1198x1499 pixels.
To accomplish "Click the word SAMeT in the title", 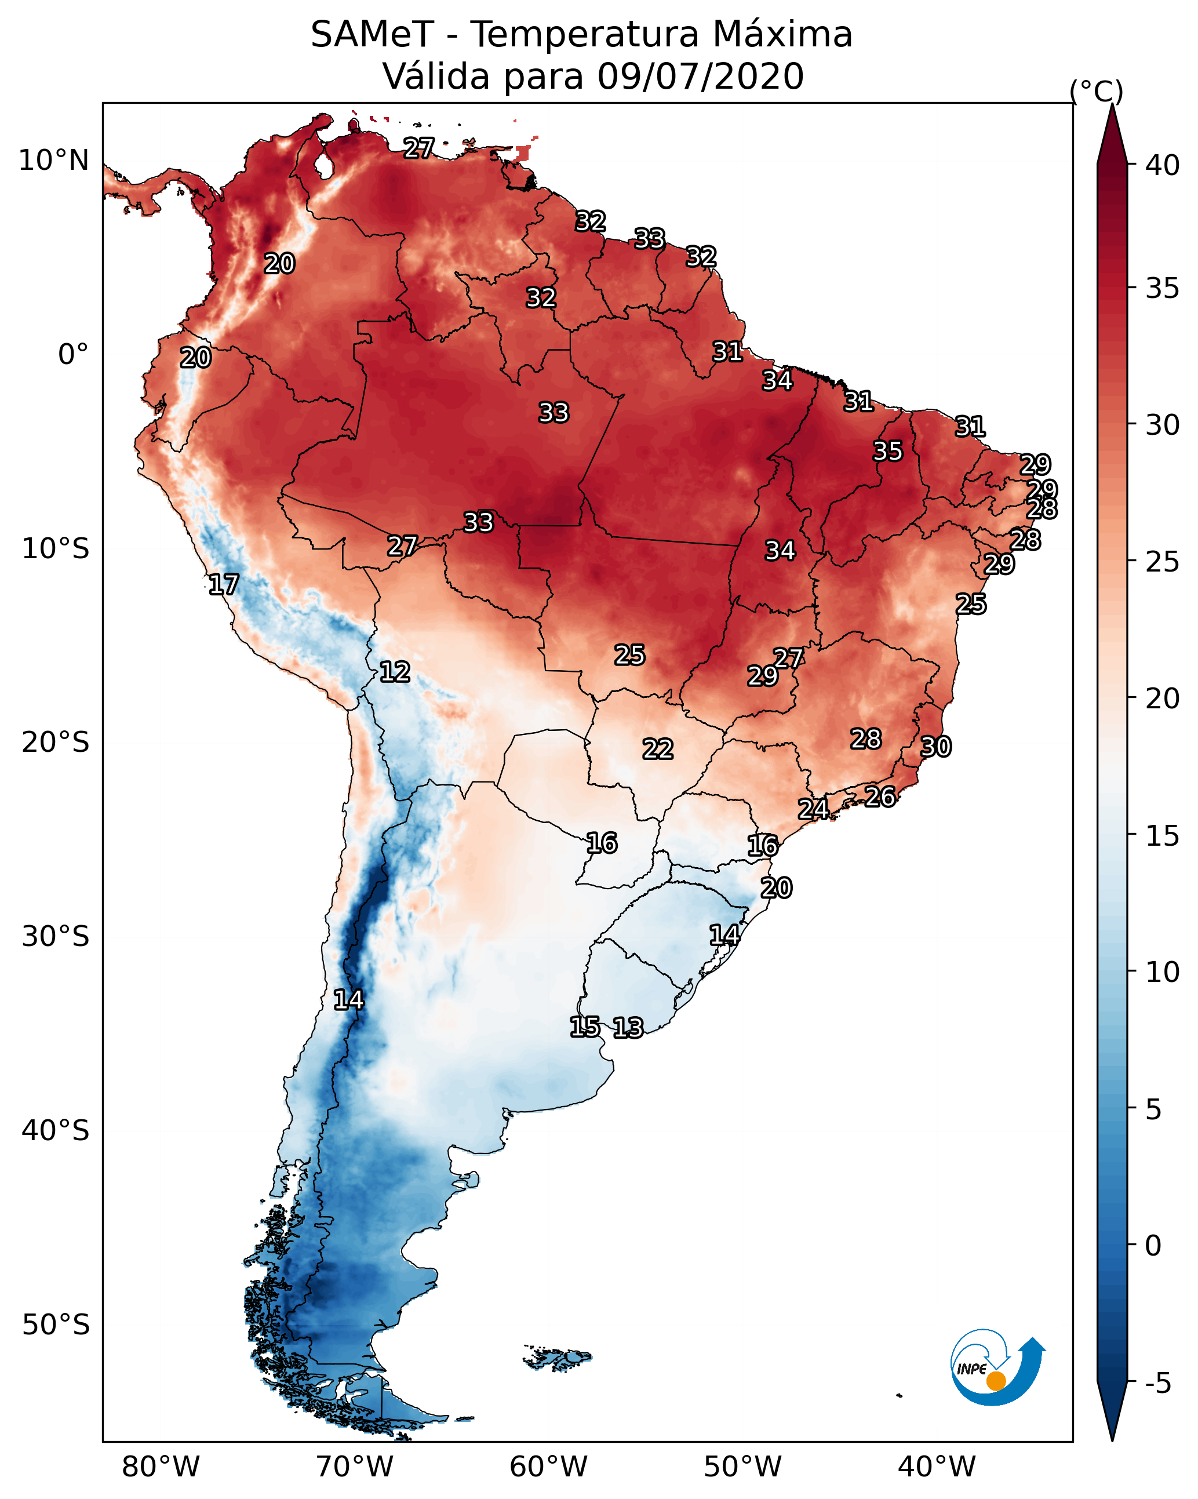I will (372, 35).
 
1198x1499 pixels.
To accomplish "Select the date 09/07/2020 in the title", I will (700, 77).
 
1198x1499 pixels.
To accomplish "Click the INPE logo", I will (996, 1370).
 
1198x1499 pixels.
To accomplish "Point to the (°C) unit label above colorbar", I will (1097, 91).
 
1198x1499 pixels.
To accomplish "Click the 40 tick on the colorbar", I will (1163, 165).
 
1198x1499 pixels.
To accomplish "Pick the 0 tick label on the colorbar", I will (1153, 1246).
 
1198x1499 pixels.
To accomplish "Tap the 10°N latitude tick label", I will (53, 161).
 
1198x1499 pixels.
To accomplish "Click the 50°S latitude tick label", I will (56, 1325).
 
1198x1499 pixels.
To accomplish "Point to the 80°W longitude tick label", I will (161, 1467).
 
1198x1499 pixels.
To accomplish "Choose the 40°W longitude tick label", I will (937, 1467).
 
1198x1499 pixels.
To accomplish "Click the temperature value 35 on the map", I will (888, 451).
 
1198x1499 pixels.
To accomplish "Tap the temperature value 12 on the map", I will (395, 672).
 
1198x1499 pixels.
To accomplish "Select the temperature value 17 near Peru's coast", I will (224, 585).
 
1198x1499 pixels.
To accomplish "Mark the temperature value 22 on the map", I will (658, 749).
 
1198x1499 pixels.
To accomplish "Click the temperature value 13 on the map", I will (628, 1028).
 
